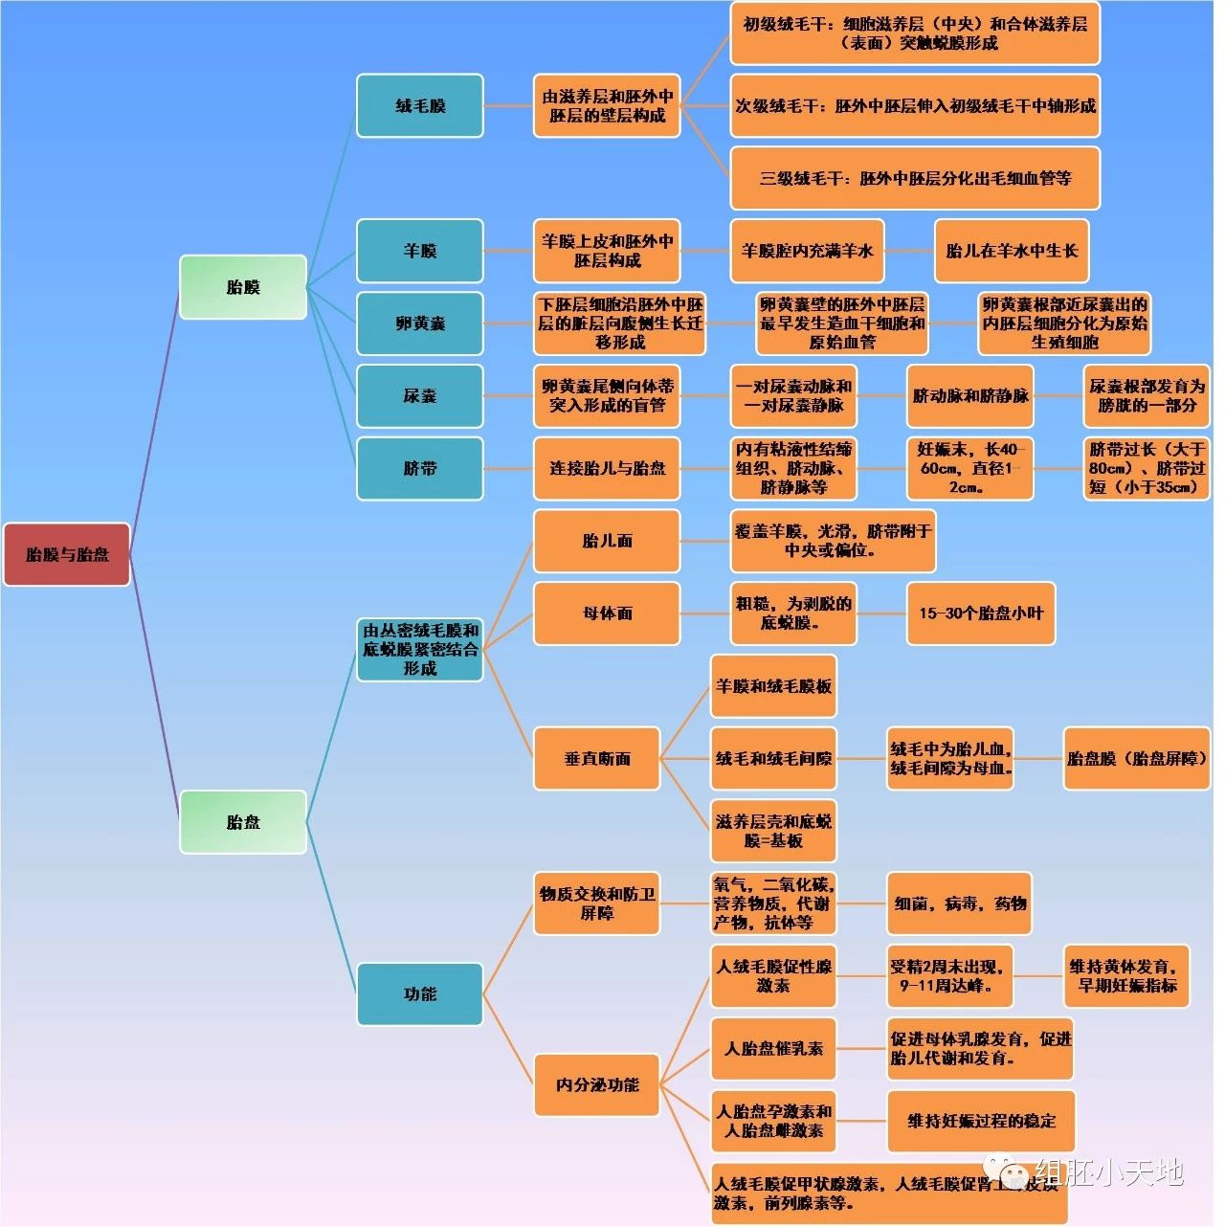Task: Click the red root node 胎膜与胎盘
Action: (x=66, y=554)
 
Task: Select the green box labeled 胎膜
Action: (x=243, y=287)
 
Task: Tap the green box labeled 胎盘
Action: (x=243, y=822)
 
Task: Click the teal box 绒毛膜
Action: (x=420, y=106)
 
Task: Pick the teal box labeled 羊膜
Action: (x=420, y=251)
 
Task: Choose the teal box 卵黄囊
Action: (x=420, y=323)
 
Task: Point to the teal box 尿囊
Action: (x=420, y=395)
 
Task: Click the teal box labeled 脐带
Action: (x=420, y=468)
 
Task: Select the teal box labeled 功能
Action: (x=420, y=994)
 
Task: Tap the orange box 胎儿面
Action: (x=607, y=541)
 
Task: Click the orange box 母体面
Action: (x=607, y=613)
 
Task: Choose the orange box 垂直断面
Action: (x=596, y=759)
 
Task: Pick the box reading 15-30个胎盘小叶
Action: (x=981, y=613)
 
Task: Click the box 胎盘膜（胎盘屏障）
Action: (x=1137, y=759)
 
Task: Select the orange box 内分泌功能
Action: (x=596, y=1085)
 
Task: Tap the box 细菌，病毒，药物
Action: (x=959, y=904)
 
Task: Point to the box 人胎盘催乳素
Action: (x=773, y=1049)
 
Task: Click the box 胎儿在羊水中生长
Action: (x=1012, y=251)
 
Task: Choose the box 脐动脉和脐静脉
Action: (x=970, y=395)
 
